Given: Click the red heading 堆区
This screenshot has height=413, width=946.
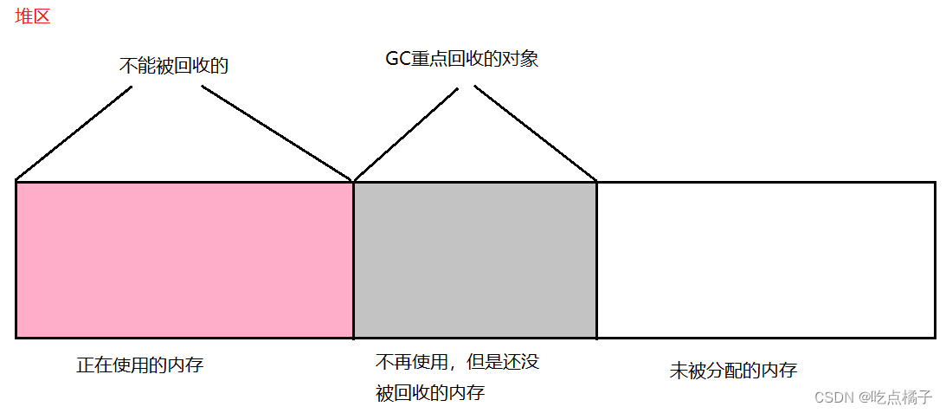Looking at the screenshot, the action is coord(33,16).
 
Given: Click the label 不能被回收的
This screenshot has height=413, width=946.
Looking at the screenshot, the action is coord(173,66).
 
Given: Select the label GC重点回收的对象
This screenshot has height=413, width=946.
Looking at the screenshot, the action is coord(461,59).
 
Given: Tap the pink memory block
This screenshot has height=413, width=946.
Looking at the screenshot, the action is coord(184,260).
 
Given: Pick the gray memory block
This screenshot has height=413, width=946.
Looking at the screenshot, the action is coord(475,260).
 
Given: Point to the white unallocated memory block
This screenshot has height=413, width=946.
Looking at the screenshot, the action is coord(766,260).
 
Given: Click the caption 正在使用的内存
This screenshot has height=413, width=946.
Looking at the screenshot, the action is coord(139,365).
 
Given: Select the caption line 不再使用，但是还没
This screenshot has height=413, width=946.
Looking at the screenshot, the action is coord(457,361).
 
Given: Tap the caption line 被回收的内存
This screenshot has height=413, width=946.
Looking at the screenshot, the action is coord(430,392).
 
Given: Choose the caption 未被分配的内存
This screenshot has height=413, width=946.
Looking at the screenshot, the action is coord(733,371).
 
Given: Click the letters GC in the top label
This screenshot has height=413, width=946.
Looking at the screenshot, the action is coord(397,59).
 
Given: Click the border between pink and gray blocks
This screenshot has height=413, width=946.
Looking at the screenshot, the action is coord(353,260).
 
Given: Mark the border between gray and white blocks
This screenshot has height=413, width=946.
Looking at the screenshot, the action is coord(596,260).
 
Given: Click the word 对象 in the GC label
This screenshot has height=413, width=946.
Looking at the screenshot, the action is coord(522,59).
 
